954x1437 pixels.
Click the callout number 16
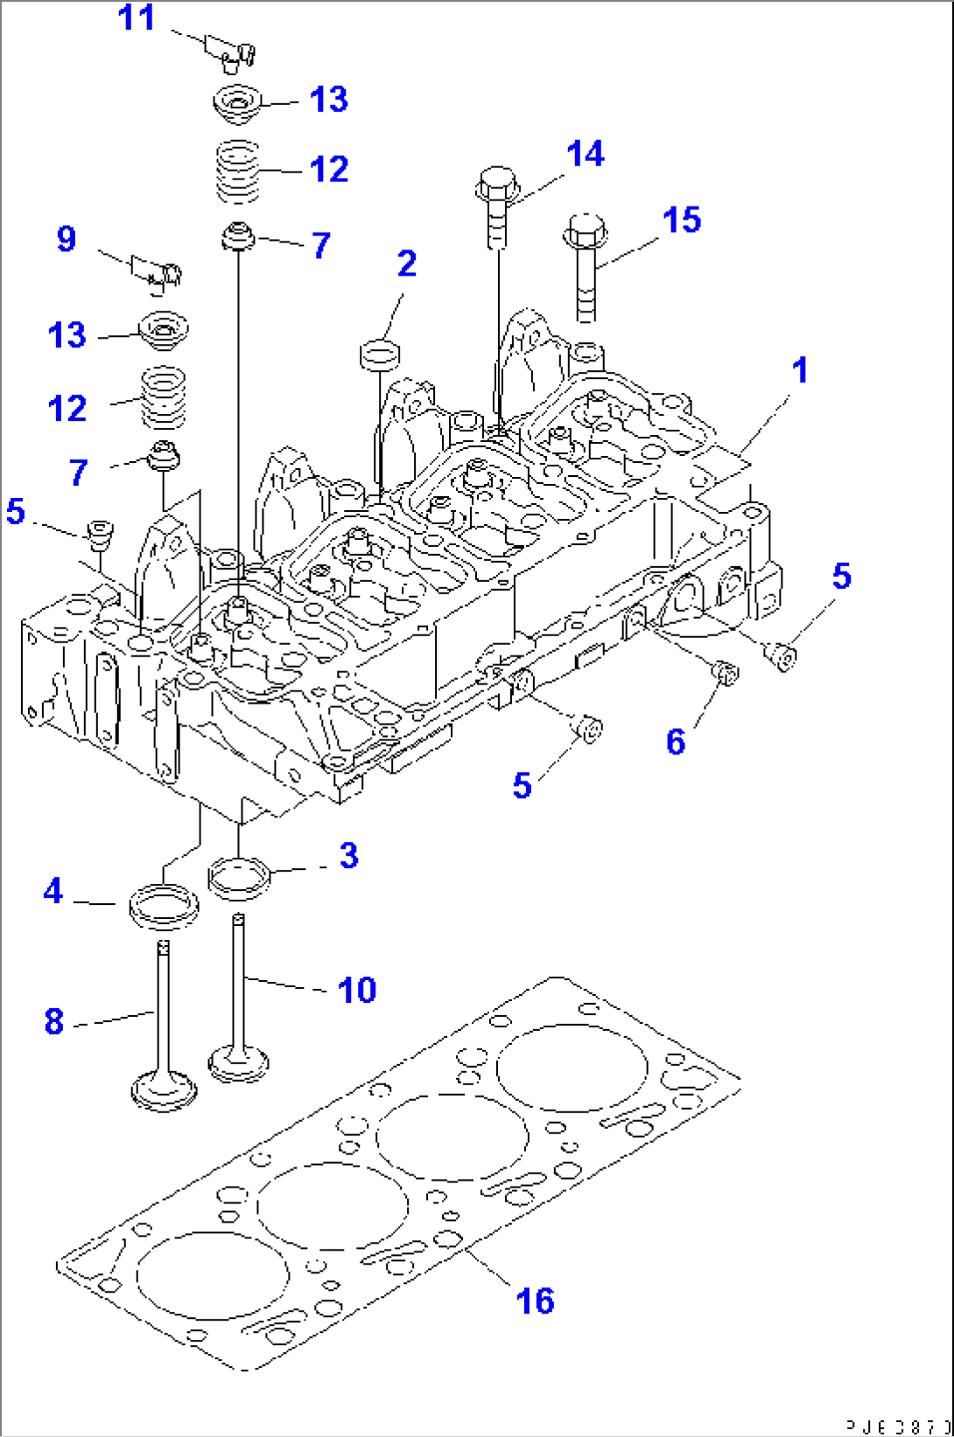[x=535, y=1301]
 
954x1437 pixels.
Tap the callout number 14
[x=585, y=154]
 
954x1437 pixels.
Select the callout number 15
[x=681, y=220]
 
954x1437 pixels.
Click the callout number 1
[x=799, y=370]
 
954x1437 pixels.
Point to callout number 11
[x=137, y=18]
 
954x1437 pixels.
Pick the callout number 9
[x=67, y=239]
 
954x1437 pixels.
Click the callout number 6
[x=675, y=742]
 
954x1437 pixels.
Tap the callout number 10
[x=357, y=990]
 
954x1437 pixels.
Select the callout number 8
[x=54, y=1021]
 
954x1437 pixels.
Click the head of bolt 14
[x=497, y=184]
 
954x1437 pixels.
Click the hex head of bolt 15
[x=586, y=229]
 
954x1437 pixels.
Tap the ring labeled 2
[x=381, y=355]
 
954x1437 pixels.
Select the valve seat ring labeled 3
[x=238, y=878]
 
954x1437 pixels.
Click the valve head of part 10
[x=238, y=1064]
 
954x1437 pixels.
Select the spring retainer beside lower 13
[x=165, y=331]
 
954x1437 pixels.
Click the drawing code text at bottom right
[x=897, y=1426]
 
